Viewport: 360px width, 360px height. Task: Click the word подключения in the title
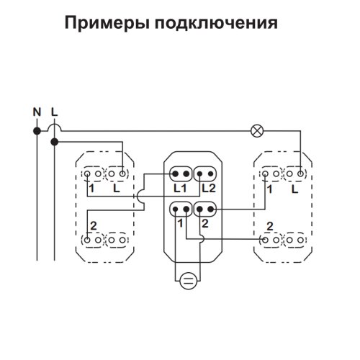coord(216,23)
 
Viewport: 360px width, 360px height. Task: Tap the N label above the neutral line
coord(37,112)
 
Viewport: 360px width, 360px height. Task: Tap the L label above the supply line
coord(55,112)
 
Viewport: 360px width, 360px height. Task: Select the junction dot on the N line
coord(37,131)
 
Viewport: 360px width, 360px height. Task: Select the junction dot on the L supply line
coord(55,142)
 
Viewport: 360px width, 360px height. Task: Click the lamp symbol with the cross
coord(257,131)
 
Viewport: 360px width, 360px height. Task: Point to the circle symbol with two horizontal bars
coord(189,282)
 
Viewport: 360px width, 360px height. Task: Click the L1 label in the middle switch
coord(180,189)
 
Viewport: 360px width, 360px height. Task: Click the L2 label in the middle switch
coord(209,189)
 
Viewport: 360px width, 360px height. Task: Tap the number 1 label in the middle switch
coord(180,223)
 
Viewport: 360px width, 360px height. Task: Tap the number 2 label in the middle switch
coord(205,223)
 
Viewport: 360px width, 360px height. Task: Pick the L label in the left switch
coord(117,189)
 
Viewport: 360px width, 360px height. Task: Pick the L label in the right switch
coord(294,189)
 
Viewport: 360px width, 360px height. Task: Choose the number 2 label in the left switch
coord(94,226)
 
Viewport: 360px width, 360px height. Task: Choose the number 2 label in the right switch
coord(270,226)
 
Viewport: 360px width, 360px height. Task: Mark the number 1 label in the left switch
coord(91,189)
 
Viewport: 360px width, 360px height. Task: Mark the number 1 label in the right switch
coord(270,189)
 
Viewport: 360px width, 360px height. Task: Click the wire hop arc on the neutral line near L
coord(55,125)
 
